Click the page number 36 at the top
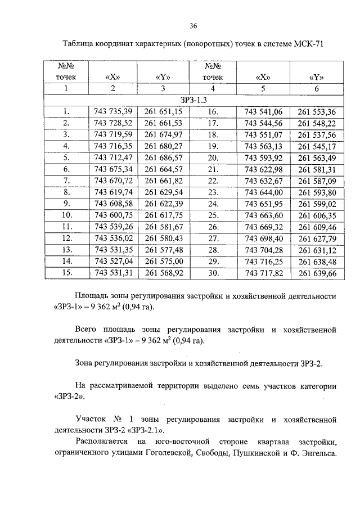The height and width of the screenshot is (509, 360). [x=193, y=26]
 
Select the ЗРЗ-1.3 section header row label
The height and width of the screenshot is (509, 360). [x=193, y=100]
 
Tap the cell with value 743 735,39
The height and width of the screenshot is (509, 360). [x=113, y=111]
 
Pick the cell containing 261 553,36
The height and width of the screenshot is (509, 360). [x=316, y=111]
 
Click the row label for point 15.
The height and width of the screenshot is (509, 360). [x=66, y=273]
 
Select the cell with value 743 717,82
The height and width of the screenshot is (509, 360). [x=263, y=273]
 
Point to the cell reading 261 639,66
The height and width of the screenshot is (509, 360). [x=316, y=273]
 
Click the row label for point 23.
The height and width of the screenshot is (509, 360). [x=213, y=192]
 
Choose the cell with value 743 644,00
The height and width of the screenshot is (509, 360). [x=263, y=192]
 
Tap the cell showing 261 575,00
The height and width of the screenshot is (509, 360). [x=164, y=262]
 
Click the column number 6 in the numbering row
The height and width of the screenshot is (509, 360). [x=316, y=89]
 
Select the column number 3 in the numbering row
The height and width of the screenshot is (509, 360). [x=163, y=89]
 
